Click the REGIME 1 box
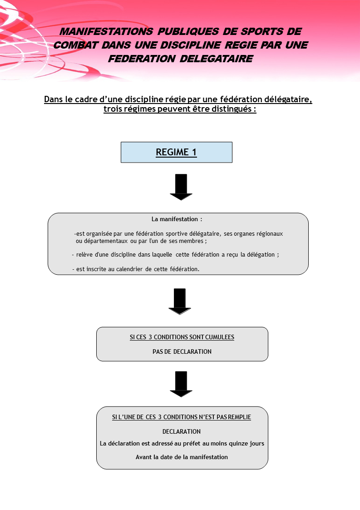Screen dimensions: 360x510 tap(176, 152)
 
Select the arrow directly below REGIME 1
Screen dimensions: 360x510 tap(181, 187)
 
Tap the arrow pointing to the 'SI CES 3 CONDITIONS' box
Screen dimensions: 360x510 tap(180, 302)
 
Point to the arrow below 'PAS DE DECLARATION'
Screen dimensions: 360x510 tap(181, 384)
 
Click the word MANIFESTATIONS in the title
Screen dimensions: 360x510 tap(107, 31)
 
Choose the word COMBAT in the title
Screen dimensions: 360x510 tap(76, 45)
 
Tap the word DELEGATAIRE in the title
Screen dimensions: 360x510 tap(216, 59)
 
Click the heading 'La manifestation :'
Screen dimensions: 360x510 tap(177, 219)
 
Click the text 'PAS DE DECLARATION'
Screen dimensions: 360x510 tap(182, 352)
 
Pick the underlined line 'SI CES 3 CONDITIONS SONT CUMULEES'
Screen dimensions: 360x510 tap(182, 337)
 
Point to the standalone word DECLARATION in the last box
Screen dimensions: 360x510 tap(182, 431)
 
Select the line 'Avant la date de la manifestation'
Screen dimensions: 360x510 tap(182, 457)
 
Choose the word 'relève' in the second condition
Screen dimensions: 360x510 tap(84, 255)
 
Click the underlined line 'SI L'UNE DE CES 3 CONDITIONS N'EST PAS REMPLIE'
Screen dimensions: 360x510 tap(182, 417)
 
